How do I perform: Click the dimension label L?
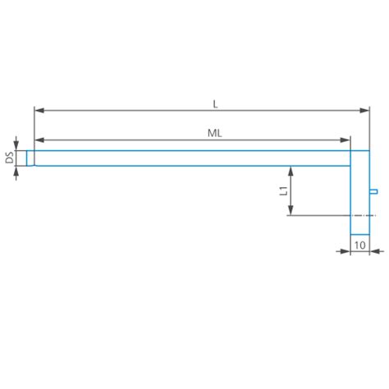(x=215, y=103)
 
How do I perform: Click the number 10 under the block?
(x=359, y=245)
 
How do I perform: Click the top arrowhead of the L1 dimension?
(x=290, y=170)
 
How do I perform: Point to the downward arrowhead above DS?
(x=16, y=144)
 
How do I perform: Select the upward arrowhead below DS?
(x=16, y=172)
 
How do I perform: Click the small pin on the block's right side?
(x=373, y=192)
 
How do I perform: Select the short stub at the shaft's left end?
(x=30, y=158)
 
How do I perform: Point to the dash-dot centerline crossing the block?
(x=328, y=216)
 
